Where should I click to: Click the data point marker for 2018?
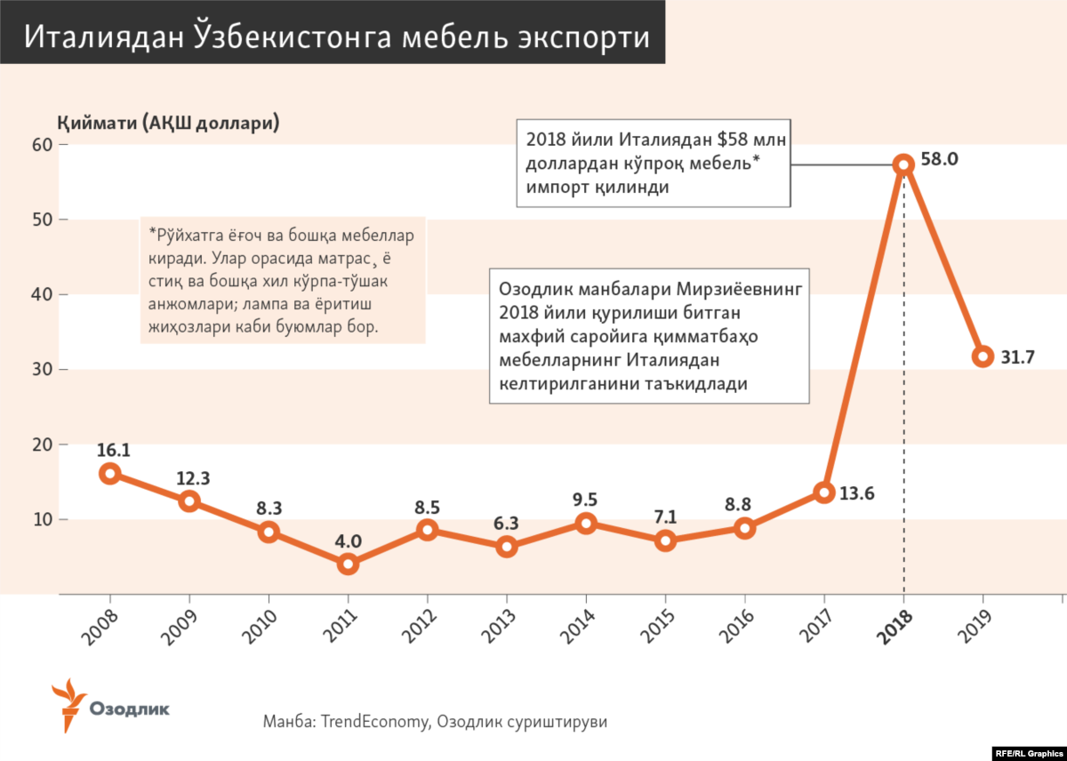click(x=903, y=164)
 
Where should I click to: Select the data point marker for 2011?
click(x=348, y=564)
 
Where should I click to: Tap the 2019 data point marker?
click(x=983, y=356)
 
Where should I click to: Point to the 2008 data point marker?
click(x=109, y=473)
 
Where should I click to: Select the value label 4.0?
click(x=348, y=541)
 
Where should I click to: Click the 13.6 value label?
click(x=858, y=493)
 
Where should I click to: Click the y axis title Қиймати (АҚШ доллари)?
click(x=169, y=123)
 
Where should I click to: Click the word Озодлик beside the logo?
click(x=130, y=709)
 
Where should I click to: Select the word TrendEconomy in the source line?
click(x=373, y=722)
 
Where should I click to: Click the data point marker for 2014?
click(x=586, y=524)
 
